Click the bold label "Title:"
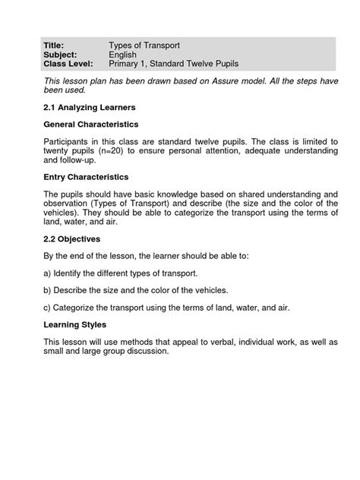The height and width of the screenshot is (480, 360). pyautogui.click(x=55, y=46)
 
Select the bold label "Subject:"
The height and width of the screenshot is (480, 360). pyautogui.click(x=60, y=55)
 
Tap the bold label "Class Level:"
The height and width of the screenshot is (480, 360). pyautogui.click(x=67, y=65)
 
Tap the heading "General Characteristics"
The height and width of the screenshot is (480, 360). pyautogui.click(x=91, y=124)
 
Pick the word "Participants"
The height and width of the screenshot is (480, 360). pyautogui.click(x=69, y=141)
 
